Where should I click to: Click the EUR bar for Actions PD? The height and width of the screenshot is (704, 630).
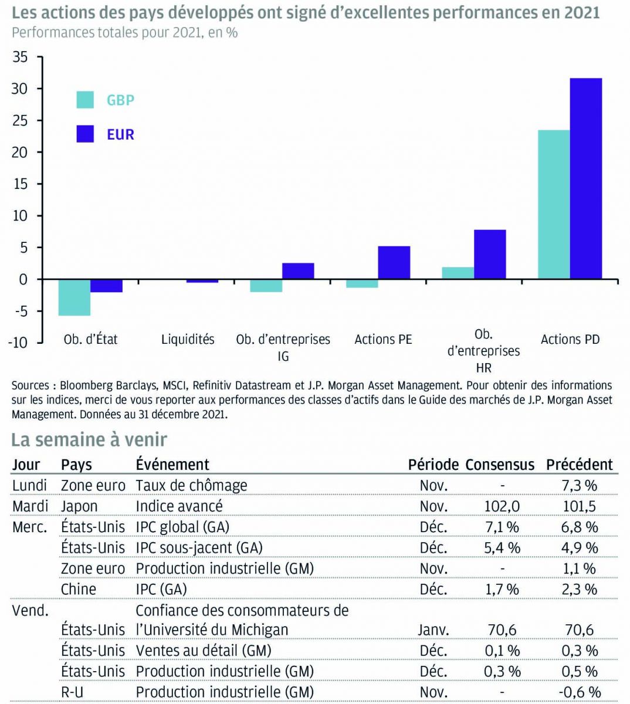585,178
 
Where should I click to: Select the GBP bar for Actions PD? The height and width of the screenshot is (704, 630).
554,204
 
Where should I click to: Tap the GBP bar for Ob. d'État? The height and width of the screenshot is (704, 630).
74,297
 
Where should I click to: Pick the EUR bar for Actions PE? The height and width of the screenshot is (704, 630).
394,262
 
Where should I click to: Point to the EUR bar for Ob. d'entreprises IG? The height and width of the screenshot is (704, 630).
298,271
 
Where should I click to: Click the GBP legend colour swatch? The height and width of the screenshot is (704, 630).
85,100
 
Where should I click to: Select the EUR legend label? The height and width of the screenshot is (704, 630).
120,134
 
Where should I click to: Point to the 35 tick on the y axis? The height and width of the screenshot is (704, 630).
20,57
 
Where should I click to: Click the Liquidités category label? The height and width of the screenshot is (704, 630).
188,339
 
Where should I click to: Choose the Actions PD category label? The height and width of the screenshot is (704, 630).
570,339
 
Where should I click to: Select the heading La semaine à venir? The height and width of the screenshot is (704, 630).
89,439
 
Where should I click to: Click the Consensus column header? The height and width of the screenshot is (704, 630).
500,465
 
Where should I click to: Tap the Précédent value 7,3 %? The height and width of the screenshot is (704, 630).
579,486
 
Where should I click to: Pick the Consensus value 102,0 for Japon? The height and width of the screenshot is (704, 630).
502,506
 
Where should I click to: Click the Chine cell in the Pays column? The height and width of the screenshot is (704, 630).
79,589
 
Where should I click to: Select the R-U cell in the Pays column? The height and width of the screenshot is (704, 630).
72,692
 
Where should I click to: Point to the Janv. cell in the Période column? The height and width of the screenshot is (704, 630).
433,630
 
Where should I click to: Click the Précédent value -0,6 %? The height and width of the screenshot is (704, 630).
580,692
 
